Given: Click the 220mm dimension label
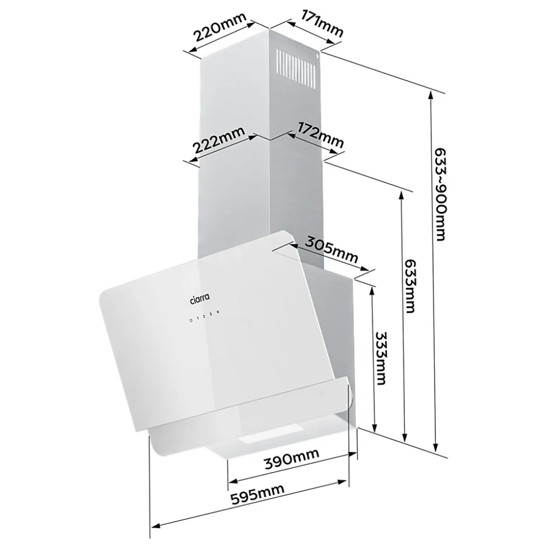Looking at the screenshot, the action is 220,26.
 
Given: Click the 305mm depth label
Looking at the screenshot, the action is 332,250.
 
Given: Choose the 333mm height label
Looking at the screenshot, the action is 381,358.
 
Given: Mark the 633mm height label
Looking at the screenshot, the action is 409,286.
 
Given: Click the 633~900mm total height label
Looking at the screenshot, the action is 440,194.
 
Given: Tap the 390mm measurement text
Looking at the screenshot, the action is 292,459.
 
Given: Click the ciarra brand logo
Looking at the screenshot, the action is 200,298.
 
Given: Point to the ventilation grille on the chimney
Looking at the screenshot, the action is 298,68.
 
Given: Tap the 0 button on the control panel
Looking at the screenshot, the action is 191,319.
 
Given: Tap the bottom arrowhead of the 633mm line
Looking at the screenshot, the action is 405,437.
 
